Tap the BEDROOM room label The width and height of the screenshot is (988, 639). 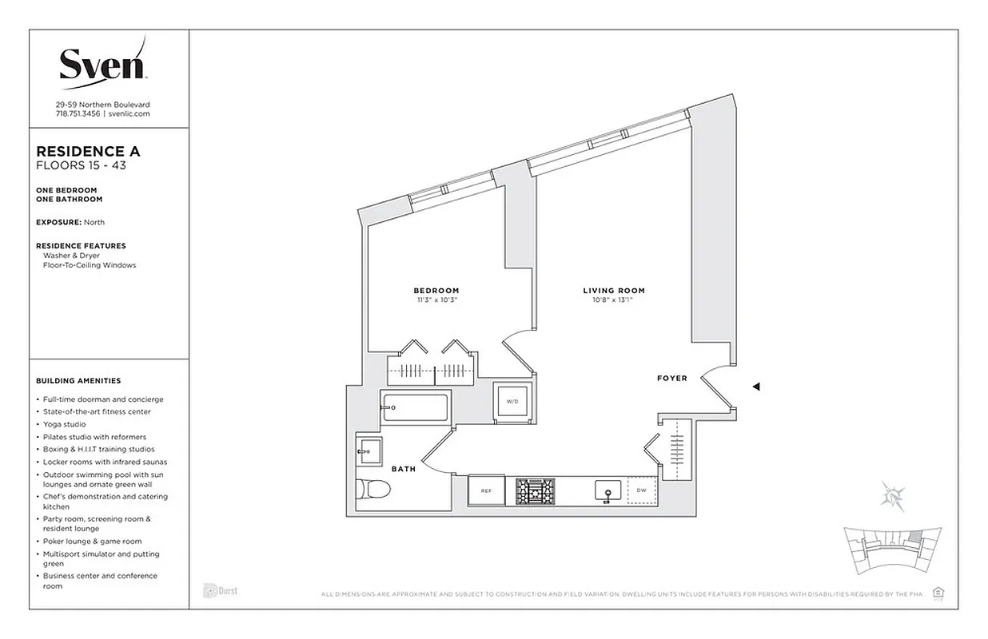click(x=436, y=290)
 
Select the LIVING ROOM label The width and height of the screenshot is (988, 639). click(x=613, y=291)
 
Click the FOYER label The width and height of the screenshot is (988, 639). click(x=671, y=378)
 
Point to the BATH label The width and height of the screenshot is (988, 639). click(x=403, y=469)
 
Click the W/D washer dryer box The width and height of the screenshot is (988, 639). click(x=511, y=401)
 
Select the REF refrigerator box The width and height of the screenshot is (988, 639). click(x=486, y=490)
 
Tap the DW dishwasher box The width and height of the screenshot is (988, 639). click(x=641, y=490)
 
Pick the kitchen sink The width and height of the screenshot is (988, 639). click(x=607, y=490)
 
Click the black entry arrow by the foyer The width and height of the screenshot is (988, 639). click(x=755, y=387)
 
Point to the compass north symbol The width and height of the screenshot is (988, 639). click(x=891, y=495)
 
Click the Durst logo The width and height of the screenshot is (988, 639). click(x=221, y=591)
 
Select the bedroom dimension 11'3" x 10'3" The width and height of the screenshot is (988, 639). click(x=436, y=301)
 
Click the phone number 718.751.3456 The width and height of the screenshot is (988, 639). click(x=78, y=114)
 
